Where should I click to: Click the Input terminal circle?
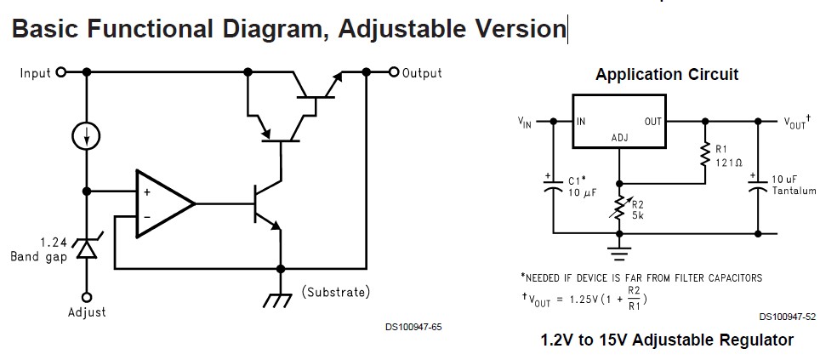[x=60, y=73]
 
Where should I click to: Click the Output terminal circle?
[x=394, y=72]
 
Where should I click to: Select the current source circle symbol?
[x=86, y=134]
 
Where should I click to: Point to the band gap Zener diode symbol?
[x=86, y=247]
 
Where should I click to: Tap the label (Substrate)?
[x=336, y=292]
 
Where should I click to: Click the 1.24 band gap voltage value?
[x=54, y=242]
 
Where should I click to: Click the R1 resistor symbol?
[x=705, y=155]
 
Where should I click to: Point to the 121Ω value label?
[x=729, y=161]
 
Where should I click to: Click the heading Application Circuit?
[x=667, y=74]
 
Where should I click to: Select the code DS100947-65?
[x=413, y=326]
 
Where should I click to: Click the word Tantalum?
[x=794, y=190]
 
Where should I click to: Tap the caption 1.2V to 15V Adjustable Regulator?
[x=667, y=340]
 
